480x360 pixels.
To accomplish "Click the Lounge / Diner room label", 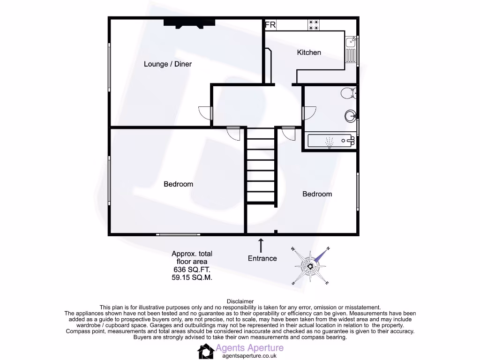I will [x=167, y=64].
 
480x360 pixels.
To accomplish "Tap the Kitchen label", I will [x=309, y=52].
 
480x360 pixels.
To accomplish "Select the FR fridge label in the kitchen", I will [x=270, y=25].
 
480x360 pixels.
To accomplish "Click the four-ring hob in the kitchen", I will [x=314, y=24].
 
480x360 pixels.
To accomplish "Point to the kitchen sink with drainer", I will [x=351, y=49].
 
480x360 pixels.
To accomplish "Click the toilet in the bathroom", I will [x=348, y=93].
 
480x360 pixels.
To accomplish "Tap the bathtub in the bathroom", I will [x=330, y=140].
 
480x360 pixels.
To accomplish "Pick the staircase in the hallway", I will [x=261, y=171].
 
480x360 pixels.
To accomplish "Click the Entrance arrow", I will [x=261, y=245].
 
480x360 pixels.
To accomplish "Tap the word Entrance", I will [x=262, y=258].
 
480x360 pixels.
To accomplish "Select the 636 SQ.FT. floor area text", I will [x=192, y=270].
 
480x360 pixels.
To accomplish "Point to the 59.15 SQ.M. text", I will [x=192, y=277].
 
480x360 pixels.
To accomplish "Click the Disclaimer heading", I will [x=240, y=301].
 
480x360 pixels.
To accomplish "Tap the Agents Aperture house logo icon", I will [x=205, y=351].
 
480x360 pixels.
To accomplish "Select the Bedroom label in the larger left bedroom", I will [x=178, y=184].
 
